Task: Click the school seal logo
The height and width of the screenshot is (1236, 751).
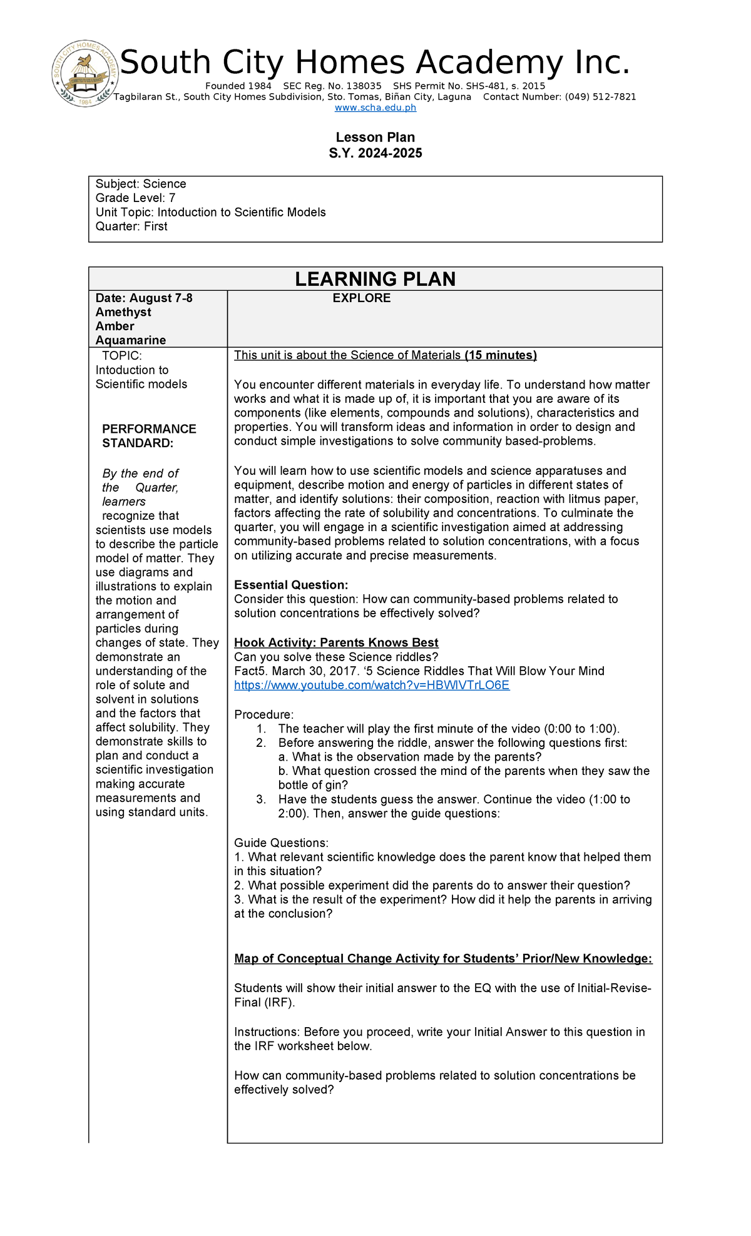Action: (85, 74)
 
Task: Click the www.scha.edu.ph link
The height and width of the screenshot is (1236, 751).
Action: (375, 108)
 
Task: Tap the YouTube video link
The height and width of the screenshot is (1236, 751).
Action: (372, 685)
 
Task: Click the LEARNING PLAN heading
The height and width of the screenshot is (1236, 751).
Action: (375, 279)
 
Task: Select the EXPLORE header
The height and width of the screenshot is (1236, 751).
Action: (361, 298)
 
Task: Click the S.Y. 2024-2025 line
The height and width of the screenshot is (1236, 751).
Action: (375, 153)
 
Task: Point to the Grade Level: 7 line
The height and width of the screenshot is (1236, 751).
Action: (135, 198)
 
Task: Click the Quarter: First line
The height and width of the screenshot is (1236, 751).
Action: (131, 226)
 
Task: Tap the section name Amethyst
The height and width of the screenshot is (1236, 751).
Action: (123, 312)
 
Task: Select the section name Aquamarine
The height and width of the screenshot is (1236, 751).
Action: (131, 340)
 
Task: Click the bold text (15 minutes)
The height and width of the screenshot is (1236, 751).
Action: (501, 355)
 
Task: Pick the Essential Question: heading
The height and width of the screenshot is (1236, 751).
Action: (290, 585)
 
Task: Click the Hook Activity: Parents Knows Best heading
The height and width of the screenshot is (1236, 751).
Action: (336, 642)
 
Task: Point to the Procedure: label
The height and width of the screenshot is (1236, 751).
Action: (263, 714)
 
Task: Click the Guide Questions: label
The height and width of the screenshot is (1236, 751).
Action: (280, 843)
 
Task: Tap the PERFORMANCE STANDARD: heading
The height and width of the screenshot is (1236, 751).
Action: (149, 436)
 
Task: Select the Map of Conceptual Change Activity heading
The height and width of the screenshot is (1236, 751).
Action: (442, 958)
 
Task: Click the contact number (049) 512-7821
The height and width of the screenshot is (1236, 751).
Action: (600, 97)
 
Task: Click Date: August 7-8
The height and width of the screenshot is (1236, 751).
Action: (144, 298)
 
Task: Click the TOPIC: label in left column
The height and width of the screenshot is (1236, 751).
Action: (121, 356)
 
